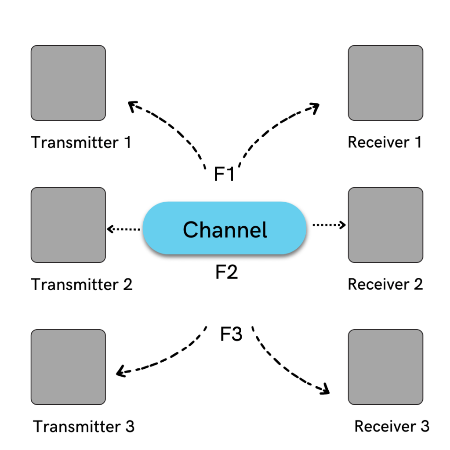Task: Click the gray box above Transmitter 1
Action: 68,83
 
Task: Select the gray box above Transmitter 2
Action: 68,225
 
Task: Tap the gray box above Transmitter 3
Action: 68,367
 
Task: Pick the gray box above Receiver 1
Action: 385,83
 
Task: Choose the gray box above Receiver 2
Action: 385,225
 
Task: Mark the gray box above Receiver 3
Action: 385,367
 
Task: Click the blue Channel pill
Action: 225,228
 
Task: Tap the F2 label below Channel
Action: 226,272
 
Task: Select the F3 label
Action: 231,335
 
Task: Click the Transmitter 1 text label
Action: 81,143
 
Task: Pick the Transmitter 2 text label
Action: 82,284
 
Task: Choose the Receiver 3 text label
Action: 392,426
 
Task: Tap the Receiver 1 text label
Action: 385,142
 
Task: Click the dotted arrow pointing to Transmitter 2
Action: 124,229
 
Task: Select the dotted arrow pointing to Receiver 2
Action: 329,225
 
